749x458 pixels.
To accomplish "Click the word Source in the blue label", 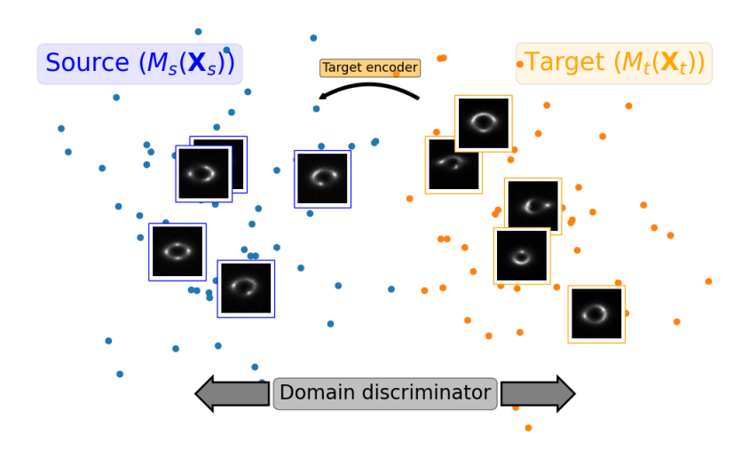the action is [x=88, y=62].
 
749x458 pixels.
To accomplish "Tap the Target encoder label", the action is [x=370, y=67].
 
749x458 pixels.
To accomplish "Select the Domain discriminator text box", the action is [x=385, y=393].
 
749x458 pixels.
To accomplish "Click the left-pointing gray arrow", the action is [x=233, y=393].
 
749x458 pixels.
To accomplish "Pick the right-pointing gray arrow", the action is [x=538, y=393].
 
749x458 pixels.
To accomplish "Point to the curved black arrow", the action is [x=369, y=85].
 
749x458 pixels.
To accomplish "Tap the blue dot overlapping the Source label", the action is [x=226, y=50].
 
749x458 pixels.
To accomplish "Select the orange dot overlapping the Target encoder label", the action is [x=396, y=74].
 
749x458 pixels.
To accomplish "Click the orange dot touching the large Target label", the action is [x=520, y=64].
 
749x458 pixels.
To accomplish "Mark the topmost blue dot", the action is [x=198, y=32].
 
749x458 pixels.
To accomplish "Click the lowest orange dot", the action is [x=528, y=428].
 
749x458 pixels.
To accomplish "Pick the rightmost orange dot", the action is [x=708, y=281].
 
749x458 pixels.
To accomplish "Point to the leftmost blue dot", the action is [x=61, y=129].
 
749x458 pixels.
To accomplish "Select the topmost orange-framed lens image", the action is [x=484, y=123].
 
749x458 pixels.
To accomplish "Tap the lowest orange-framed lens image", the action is [x=596, y=314].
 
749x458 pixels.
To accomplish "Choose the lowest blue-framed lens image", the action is [x=246, y=289].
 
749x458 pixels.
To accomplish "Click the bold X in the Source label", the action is [x=197, y=62].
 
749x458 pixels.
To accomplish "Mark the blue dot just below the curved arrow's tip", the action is [x=316, y=109].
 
